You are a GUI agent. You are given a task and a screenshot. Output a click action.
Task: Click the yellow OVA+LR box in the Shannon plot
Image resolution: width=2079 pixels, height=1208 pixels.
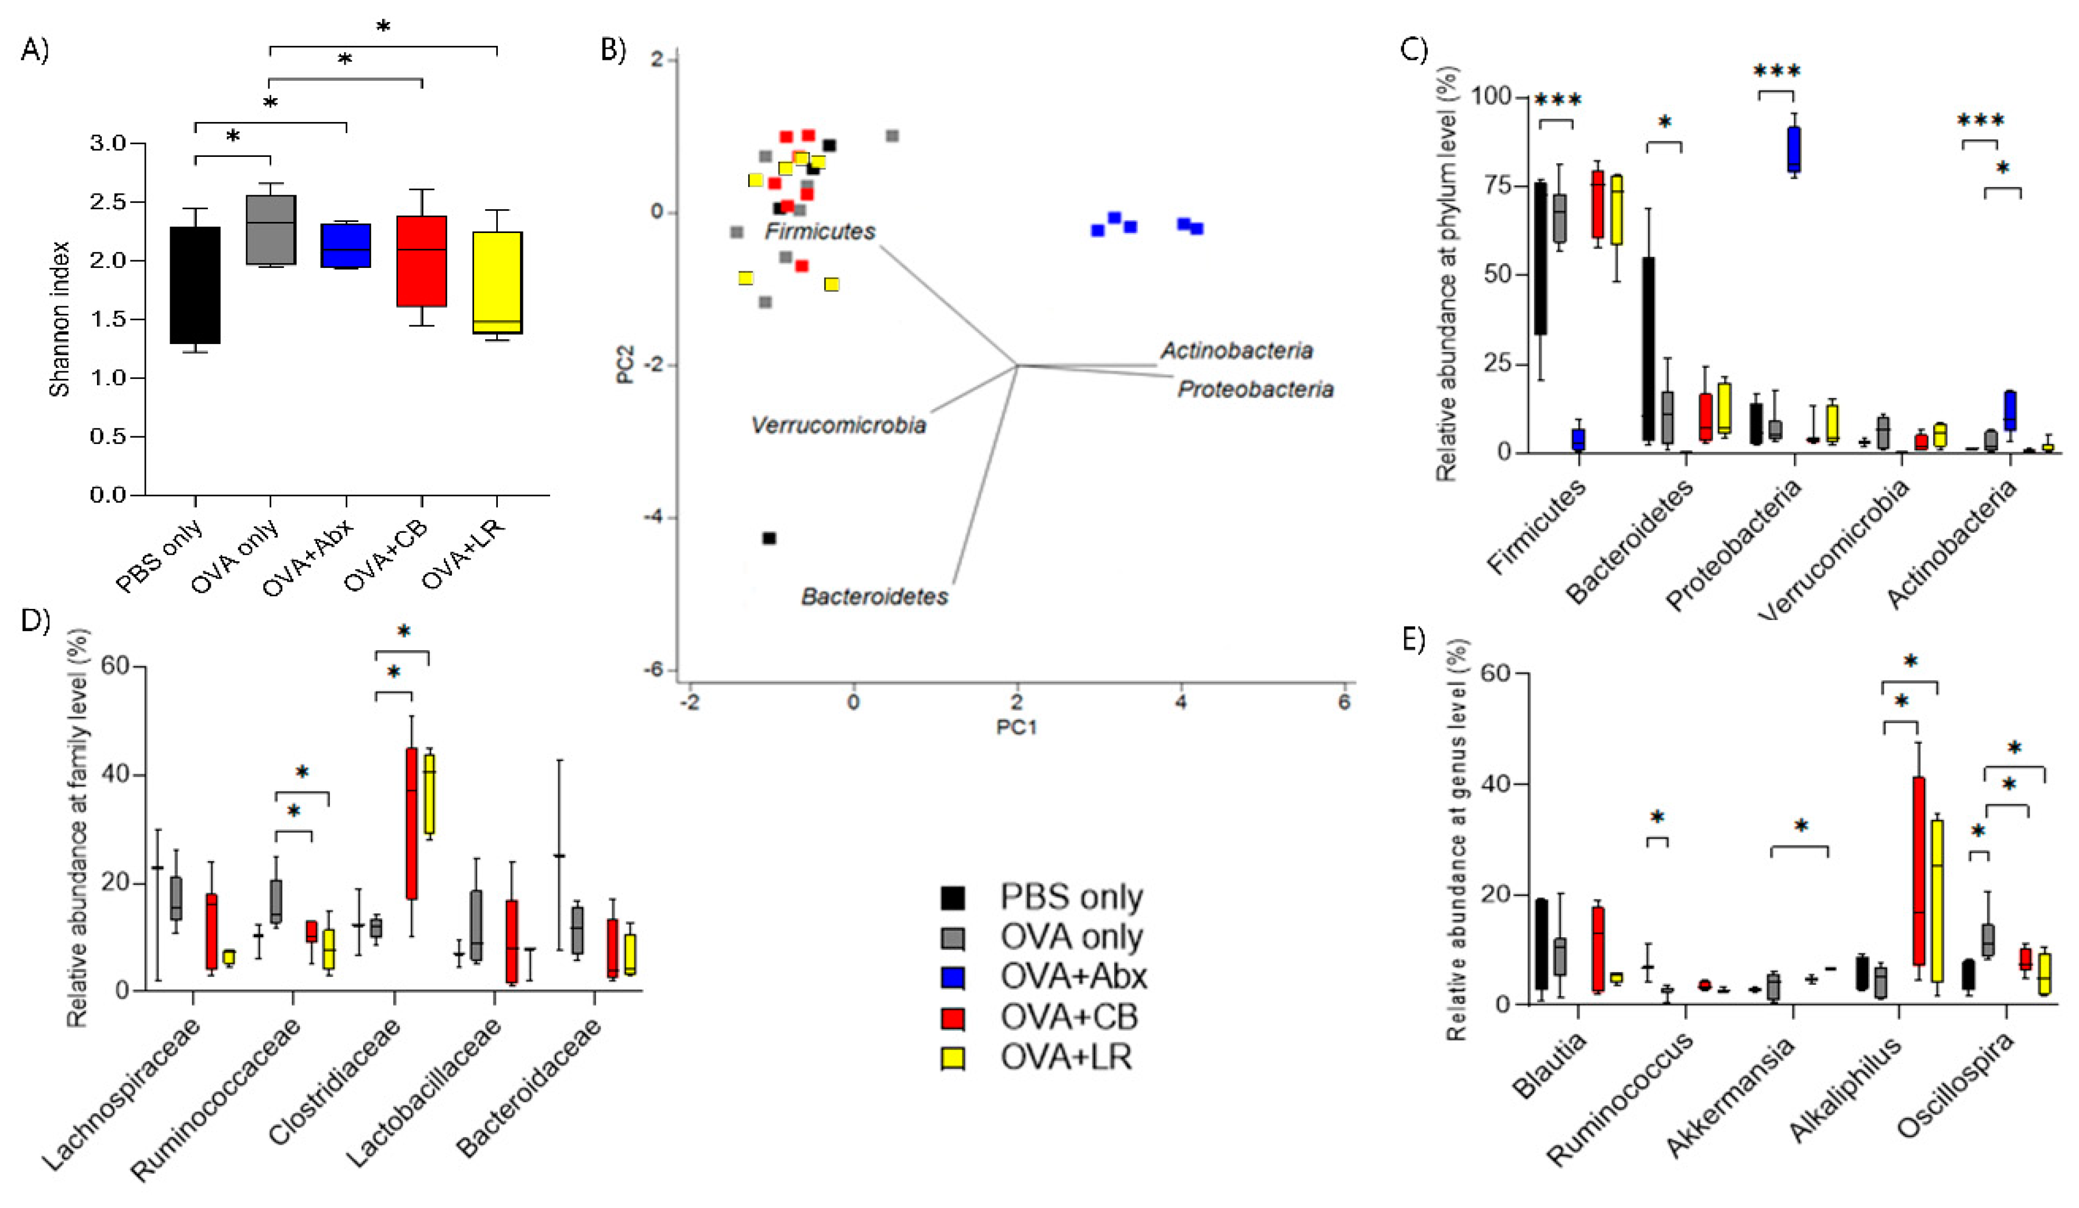click(x=497, y=282)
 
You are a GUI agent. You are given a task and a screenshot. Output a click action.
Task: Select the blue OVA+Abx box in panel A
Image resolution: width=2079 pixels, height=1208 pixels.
click(x=346, y=245)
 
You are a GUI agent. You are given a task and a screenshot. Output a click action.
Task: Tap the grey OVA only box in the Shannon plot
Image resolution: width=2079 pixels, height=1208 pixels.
click(x=271, y=230)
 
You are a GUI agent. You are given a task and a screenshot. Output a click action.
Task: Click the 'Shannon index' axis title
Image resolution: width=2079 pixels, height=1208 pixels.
click(x=59, y=320)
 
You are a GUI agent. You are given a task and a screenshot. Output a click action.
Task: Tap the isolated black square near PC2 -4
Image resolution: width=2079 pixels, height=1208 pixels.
click(x=769, y=538)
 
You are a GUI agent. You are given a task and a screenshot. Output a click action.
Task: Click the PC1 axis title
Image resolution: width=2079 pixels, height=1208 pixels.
click(x=1017, y=727)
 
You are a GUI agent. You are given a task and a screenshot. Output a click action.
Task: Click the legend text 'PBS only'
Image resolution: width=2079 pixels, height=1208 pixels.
click(x=1071, y=897)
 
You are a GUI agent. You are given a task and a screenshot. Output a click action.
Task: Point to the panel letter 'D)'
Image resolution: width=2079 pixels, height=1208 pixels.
click(x=35, y=619)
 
